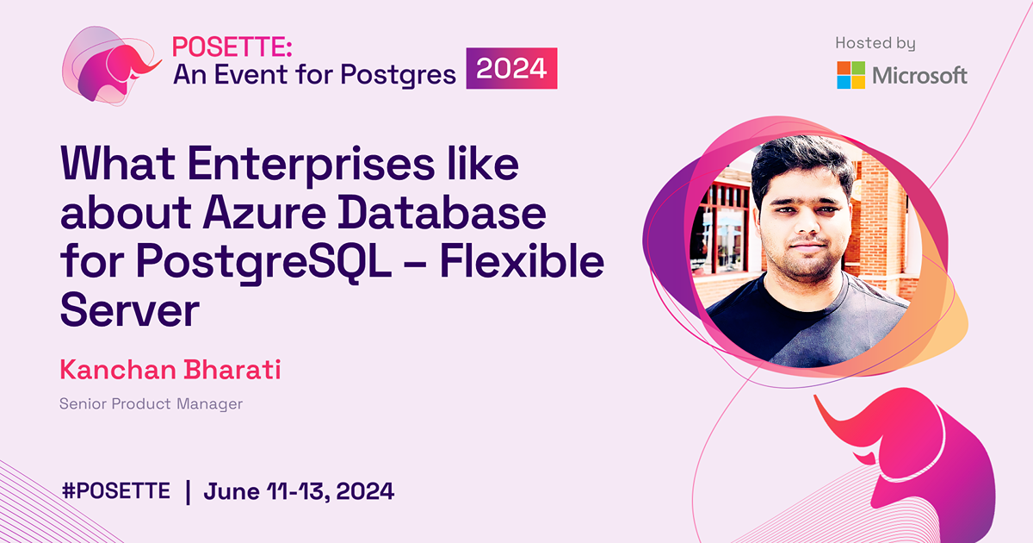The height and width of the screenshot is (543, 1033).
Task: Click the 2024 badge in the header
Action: click(512, 68)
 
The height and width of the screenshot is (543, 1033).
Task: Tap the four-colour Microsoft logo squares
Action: click(851, 75)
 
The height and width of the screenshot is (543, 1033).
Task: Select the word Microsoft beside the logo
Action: click(919, 76)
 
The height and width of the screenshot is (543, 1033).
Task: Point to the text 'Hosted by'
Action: click(875, 42)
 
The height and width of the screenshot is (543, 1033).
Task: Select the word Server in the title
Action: click(129, 309)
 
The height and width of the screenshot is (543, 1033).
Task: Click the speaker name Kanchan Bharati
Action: click(170, 371)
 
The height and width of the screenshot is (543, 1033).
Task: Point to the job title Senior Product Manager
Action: click(152, 403)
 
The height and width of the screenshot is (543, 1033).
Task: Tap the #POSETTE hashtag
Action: click(116, 491)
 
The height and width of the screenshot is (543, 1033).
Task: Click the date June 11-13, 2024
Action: click(299, 491)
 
